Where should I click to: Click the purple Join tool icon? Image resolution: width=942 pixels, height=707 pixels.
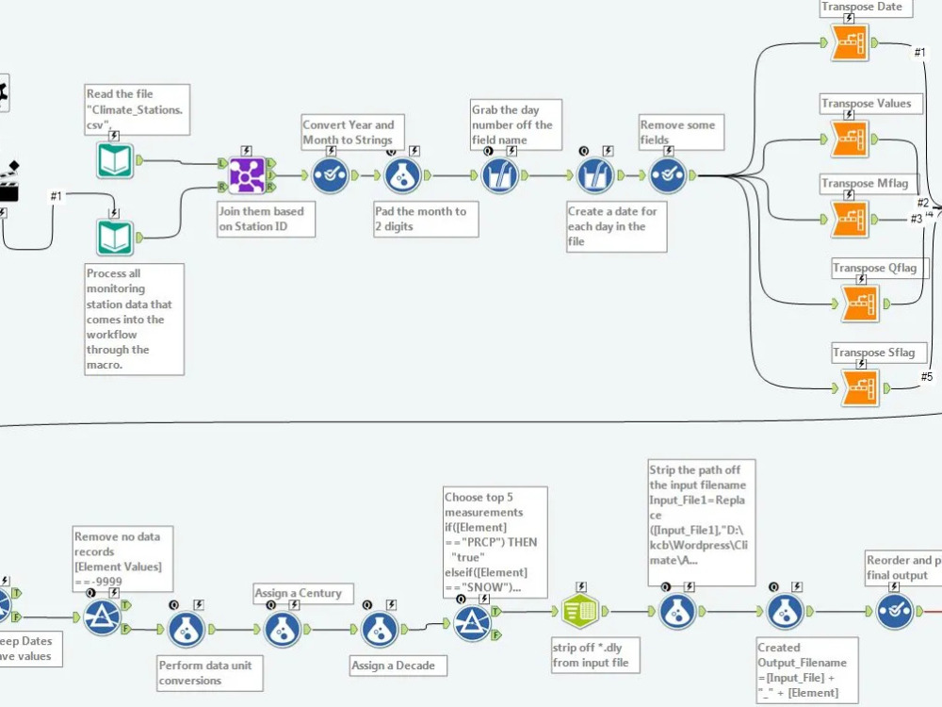[246, 175]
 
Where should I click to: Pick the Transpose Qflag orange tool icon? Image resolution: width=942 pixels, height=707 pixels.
[860, 303]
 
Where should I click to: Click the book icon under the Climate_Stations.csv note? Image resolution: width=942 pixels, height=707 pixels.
[115, 160]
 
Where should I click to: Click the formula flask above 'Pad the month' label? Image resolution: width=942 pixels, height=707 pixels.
[402, 175]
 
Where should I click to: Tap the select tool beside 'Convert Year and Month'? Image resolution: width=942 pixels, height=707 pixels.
[331, 175]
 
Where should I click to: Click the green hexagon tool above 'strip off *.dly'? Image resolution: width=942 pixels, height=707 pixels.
[580, 612]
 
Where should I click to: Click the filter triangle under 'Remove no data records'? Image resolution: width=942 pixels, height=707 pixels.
[102, 618]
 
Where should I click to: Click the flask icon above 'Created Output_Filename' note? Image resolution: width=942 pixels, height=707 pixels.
[785, 612]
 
